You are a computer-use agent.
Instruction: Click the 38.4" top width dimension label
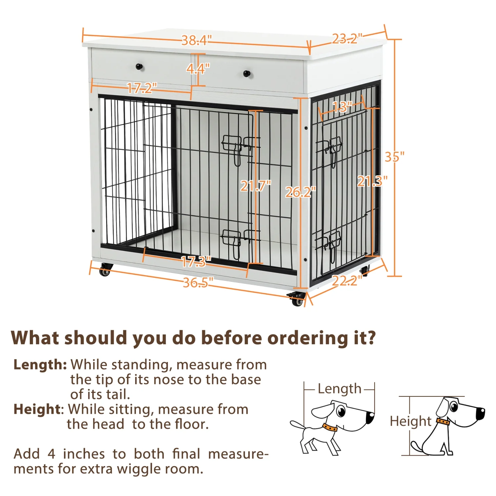pos(196,40)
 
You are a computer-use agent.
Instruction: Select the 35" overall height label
pos(394,157)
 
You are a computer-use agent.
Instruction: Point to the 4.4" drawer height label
pos(198,69)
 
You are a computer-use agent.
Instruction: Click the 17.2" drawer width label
pos(142,88)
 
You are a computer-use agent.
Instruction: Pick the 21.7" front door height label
pos(255,186)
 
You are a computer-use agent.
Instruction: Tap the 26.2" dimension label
pos(300,192)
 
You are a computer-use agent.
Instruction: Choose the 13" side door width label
pos(342,107)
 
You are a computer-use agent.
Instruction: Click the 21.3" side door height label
pos(372,181)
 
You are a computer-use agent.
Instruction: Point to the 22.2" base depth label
pos(347,281)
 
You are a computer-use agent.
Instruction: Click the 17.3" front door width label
pos(196,262)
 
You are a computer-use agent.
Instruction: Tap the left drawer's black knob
pos(140,67)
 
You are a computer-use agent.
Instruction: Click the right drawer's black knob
pos(247,73)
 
